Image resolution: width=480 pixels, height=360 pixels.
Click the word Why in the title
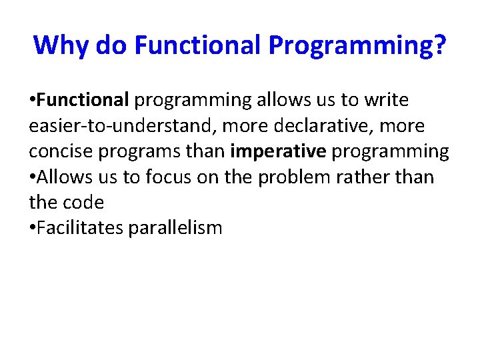click(61, 45)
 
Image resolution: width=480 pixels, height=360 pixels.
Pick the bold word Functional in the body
click(83, 100)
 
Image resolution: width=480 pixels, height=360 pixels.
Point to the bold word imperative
click(277, 151)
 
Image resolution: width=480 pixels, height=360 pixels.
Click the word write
click(384, 100)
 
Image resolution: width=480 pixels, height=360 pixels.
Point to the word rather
click(373, 177)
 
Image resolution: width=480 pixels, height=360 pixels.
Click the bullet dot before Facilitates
click(33, 229)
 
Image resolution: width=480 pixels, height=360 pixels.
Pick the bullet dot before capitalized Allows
click(33, 178)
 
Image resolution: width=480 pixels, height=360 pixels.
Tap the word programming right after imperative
click(390, 151)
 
